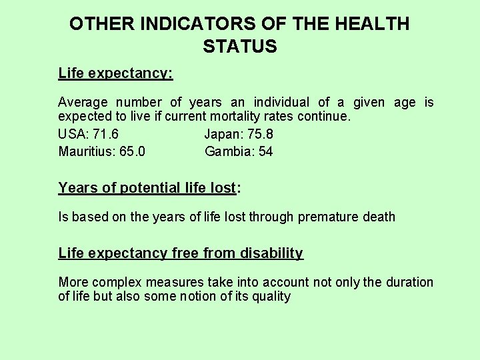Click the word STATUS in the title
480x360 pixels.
pyautogui.click(x=239, y=47)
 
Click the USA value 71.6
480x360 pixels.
pyautogui.click(x=105, y=134)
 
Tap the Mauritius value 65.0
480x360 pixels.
pyautogui.click(x=133, y=151)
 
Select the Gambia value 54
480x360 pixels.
pyautogui.click(x=265, y=151)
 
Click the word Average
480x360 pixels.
pyautogui.click(x=83, y=102)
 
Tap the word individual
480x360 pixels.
pyautogui.click(x=280, y=102)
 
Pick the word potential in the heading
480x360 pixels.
pyautogui.click(x=151, y=188)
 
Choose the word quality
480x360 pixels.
pyautogui.click(x=270, y=297)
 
